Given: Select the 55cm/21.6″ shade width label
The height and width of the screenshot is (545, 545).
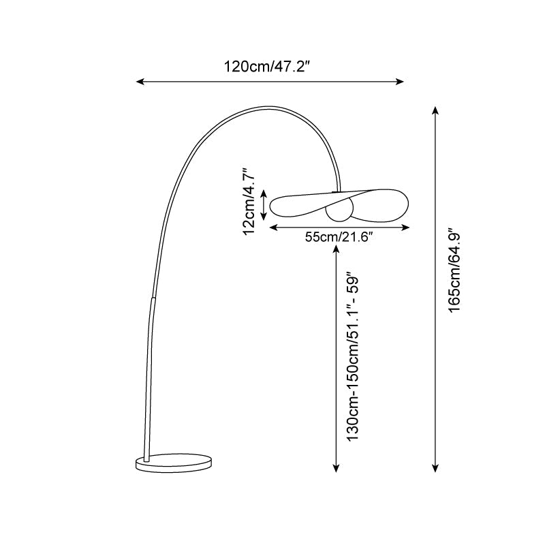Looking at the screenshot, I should [339, 237].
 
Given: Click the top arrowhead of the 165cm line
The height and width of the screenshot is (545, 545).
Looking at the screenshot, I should [435, 110].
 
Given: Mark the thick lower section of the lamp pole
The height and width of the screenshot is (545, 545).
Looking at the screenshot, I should [147, 375].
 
